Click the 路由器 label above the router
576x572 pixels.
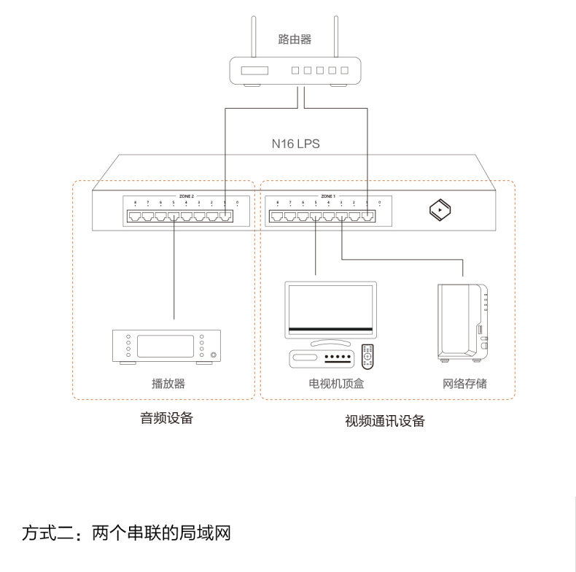pyautogui.click(x=295, y=39)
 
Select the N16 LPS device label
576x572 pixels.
pyautogui.click(x=295, y=144)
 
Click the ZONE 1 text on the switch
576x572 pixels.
pyautogui.click(x=328, y=196)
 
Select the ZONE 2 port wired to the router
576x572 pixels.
pyautogui.click(x=226, y=216)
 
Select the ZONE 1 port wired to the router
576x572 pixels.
pyautogui.click(x=369, y=216)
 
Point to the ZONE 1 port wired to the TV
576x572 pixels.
pyautogui.click(x=315, y=216)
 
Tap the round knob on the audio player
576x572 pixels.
pyautogui.click(x=213, y=356)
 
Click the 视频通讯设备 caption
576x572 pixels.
pyautogui.click(x=384, y=421)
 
